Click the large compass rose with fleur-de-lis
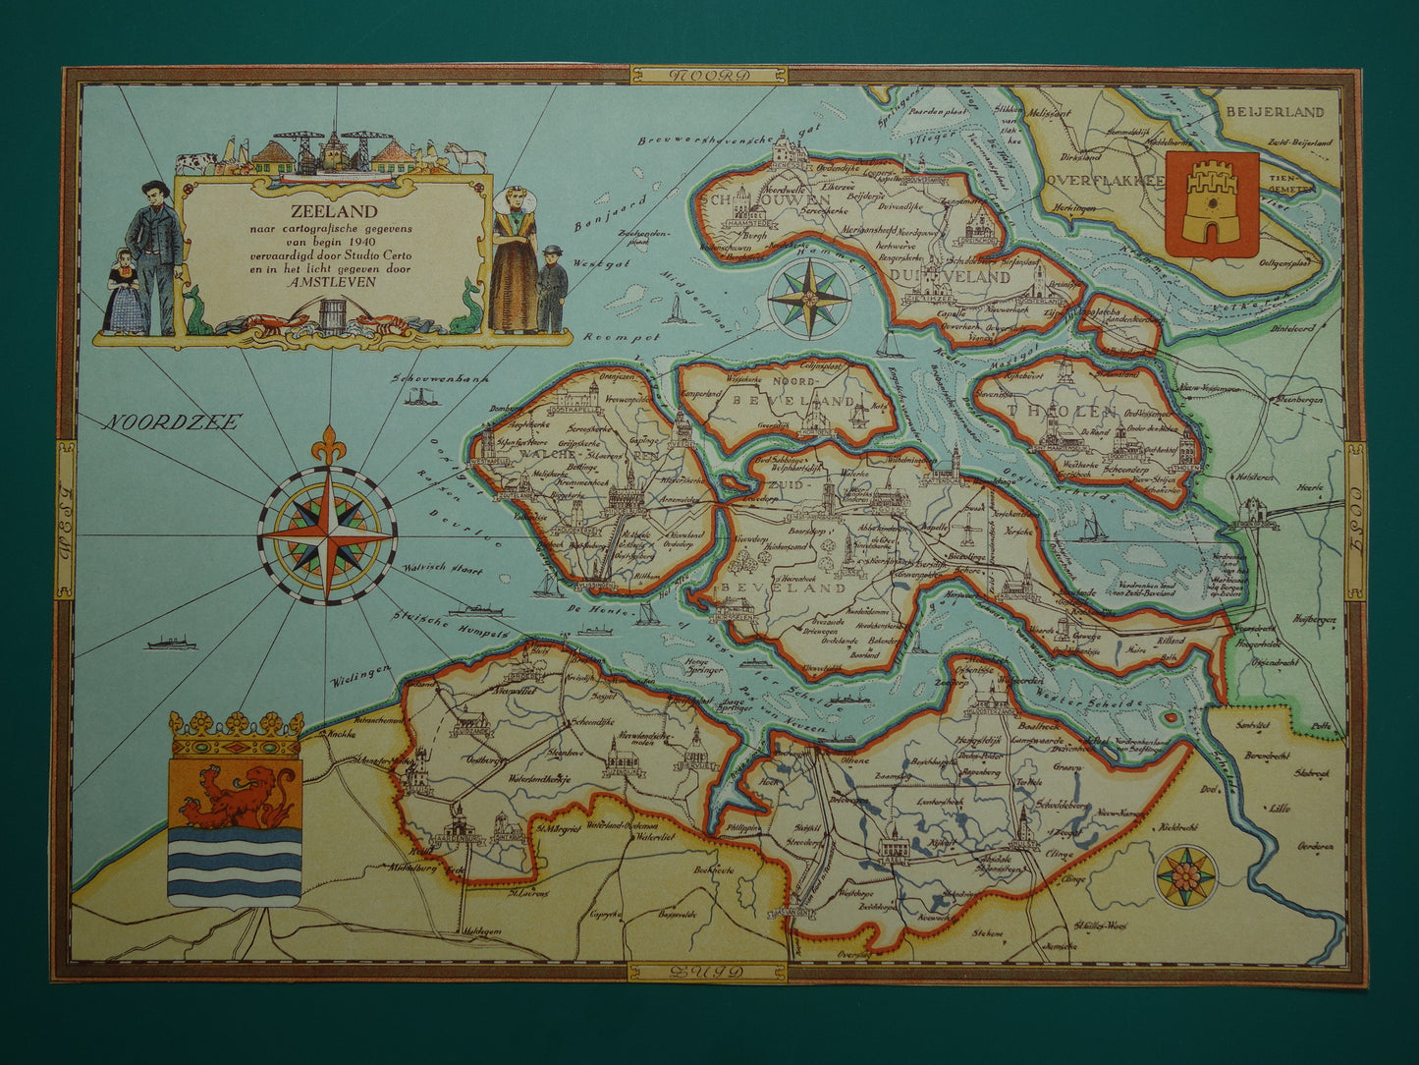[x=327, y=533]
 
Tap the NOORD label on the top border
[x=708, y=76]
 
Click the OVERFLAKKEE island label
[x=1106, y=181]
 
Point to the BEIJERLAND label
[x=1275, y=112]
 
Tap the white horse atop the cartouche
[x=464, y=157]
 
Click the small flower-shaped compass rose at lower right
[x=1184, y=874]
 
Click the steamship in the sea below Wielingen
[x=171, y=644]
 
